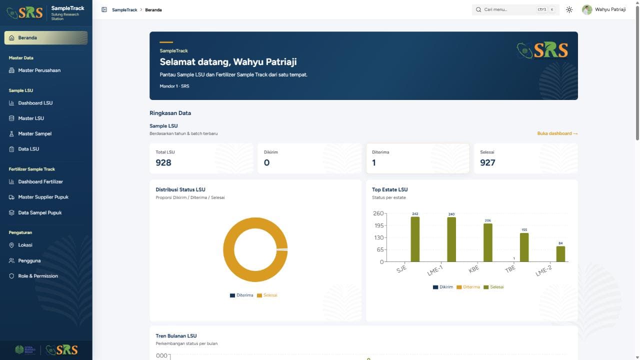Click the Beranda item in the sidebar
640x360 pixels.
click(45, 37)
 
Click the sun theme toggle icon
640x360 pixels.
click(569, 9)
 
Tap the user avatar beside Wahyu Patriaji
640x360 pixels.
click(587, 9)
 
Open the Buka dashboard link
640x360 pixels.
click(557, 133)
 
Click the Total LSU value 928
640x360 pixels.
click(163, 162)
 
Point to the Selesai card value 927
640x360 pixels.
click(487, 162)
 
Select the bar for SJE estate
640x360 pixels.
click(415, 239)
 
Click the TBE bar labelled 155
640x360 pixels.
click(524, 247)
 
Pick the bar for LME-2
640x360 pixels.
click(560, 254)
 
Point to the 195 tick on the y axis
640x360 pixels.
click(379, 225)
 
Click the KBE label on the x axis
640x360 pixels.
click(473, 269)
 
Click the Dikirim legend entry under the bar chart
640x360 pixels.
click(443, 287)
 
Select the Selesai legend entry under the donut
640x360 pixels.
click(267, 295)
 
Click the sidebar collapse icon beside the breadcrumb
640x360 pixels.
click(104, 9)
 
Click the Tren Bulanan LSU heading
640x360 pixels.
click(176, 336)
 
